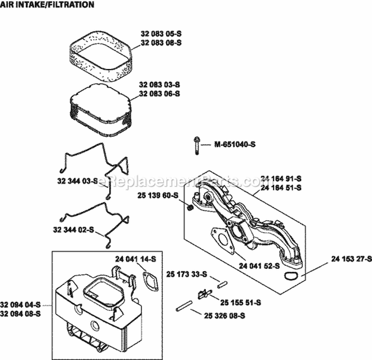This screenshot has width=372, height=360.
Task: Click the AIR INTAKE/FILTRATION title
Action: click(x=48, y=5)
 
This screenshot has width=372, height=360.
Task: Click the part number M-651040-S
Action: click(x=236, y=145)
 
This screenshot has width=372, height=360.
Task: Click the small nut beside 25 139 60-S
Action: click(x=189, y=206)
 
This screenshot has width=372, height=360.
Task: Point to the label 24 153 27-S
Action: click(x=349, y=258)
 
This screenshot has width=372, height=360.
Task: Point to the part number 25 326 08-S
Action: click(x=224, y=315)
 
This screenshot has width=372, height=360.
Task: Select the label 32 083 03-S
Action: click(x=159, y=85)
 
